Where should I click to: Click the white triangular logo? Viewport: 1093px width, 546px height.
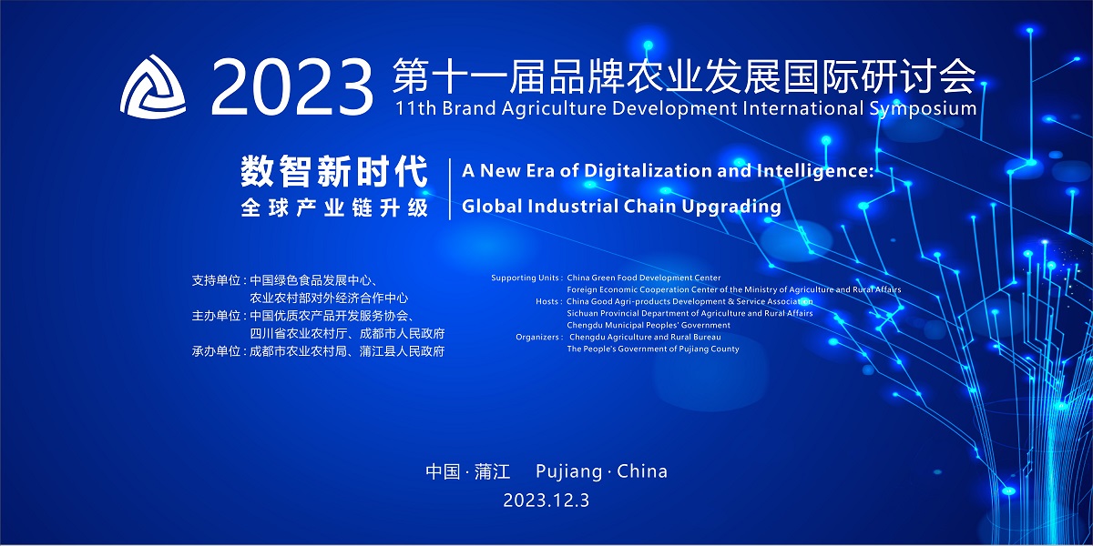(153, 87)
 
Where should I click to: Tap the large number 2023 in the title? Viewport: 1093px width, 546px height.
(291, 87)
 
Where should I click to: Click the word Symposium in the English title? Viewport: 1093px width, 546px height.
(923, 109)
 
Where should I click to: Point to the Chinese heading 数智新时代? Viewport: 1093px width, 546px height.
(334, 172)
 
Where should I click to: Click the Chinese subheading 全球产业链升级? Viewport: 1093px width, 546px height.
(334, 207)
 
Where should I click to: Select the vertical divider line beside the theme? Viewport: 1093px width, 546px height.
(449, 189)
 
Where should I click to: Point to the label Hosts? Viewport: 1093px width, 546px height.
(547, 301)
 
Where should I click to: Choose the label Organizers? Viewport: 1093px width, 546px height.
(538, 337)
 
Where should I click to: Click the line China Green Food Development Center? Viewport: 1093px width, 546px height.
(644, 278)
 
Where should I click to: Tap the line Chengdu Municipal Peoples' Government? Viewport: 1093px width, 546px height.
(649, 325)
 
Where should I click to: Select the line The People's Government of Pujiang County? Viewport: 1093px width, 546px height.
(653, 349)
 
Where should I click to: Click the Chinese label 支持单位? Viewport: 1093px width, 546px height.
(216, 280)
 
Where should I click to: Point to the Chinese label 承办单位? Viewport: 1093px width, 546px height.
(216, 351)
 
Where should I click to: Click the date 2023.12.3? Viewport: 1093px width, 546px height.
(546, 500)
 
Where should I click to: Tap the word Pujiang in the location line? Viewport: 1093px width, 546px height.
(569, 472)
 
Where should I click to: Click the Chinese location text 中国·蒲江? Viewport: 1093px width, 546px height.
(468, 471)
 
